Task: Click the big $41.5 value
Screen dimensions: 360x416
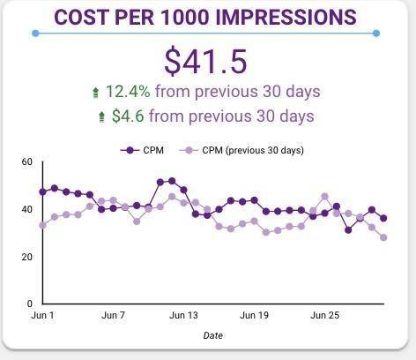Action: pos(205,60)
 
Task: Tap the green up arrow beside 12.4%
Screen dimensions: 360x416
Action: pos(96,92)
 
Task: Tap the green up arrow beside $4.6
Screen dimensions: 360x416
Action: pos(102,116)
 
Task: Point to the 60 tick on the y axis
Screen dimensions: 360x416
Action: pos(26,162)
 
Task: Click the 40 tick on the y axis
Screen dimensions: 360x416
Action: pos(26,210)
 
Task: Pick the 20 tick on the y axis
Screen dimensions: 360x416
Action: pos(26,257)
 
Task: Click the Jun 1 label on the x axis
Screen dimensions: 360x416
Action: pos(42,315)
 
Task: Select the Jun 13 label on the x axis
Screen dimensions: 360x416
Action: pos(183,315)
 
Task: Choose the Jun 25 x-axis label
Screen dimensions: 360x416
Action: pos(325,315)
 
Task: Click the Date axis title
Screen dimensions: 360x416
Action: pos(212,335)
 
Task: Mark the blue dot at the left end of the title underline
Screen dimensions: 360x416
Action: pos(34,34)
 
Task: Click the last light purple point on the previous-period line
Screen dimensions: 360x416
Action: pos(383,237)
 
